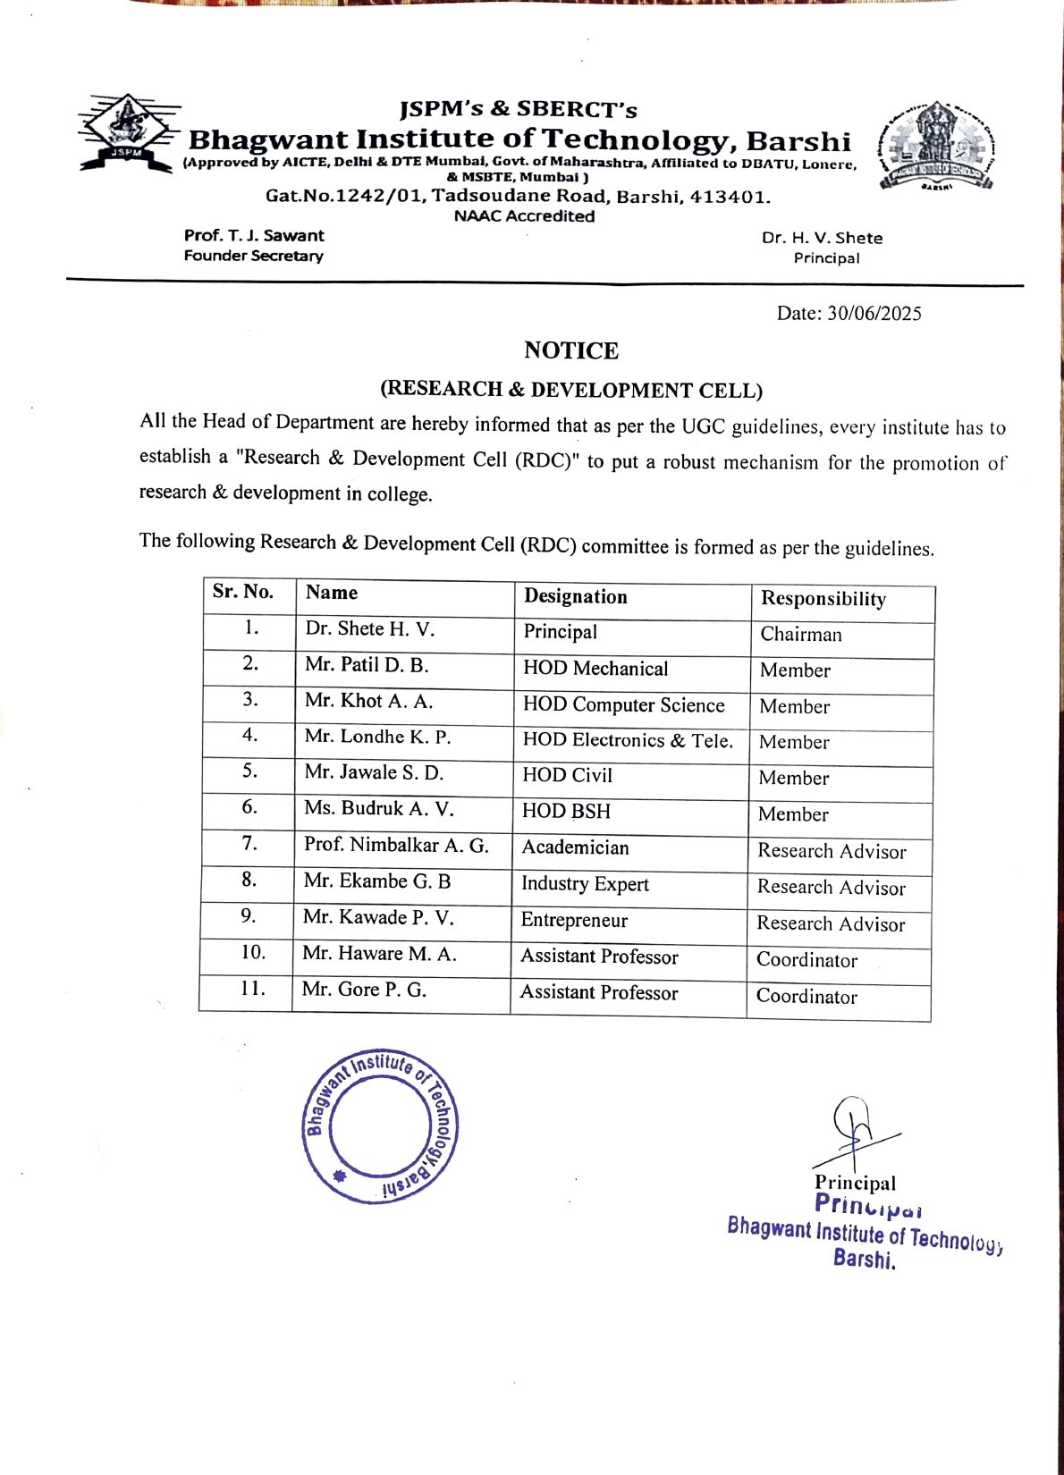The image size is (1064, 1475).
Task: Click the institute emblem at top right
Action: coord(936,147)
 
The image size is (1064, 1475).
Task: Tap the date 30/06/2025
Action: coord(874,314)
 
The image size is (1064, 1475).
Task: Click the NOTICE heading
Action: coord(570,350)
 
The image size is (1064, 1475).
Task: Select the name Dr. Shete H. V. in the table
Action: coord(369,629)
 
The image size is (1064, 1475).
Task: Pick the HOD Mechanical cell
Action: coord(595,669)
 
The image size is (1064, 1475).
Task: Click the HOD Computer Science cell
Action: coord(623,705)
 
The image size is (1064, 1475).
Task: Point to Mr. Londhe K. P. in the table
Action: coord(377,737)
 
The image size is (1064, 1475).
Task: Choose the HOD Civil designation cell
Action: coord(567,776)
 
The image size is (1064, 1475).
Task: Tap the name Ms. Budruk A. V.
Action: coord(378,809)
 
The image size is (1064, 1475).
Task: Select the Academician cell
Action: coord(575,847)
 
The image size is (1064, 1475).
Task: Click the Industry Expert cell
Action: coord(585,884)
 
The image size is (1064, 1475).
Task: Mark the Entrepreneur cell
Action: coord(574,921)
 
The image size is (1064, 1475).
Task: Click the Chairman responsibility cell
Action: coord(801,635)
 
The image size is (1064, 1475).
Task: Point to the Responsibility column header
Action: coord(823,599)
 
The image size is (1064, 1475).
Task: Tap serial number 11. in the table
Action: coord(252,989)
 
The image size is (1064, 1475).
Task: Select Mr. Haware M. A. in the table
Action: coord(379,954)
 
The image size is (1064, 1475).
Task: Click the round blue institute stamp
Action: coord(380,1125)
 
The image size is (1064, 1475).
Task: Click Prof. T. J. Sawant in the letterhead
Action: coord(254,236)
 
